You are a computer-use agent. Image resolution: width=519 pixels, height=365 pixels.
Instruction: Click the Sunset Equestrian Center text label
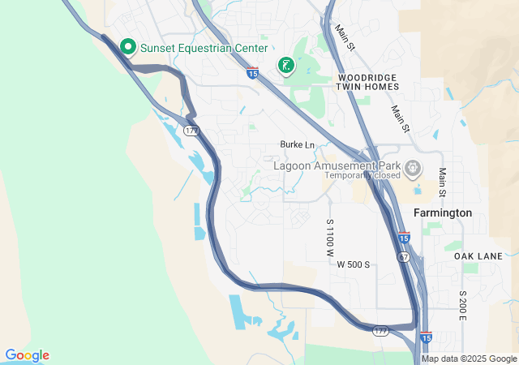point(204,48)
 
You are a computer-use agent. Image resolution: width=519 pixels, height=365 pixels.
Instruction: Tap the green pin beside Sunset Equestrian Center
point(127,47)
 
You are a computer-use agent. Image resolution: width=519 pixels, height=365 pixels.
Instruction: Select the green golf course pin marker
point(285,66)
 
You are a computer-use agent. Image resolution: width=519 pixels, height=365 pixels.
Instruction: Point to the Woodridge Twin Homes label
point(367,80)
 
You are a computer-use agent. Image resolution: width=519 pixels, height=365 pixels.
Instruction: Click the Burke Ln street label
point(297,144)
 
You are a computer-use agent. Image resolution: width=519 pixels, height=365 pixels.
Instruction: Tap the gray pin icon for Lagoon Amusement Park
point(414,169)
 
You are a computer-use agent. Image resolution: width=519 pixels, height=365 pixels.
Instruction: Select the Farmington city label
point(442,213)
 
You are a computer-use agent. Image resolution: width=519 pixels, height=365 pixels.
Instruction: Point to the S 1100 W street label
point(330,238)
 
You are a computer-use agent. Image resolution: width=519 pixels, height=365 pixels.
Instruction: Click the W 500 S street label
point(354,264)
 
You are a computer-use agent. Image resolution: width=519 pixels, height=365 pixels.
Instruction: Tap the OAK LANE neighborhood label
point(478,256)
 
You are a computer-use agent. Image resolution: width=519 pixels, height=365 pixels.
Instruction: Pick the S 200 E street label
point(462,305)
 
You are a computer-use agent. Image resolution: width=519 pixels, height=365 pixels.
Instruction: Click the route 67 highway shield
point(403,256)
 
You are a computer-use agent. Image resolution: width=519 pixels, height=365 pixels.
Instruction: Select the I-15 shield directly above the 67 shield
point(404,238)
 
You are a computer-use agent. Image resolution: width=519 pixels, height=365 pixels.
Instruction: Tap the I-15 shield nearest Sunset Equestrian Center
point(253,74)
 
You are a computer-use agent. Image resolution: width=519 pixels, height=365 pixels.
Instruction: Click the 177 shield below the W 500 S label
point(381,331)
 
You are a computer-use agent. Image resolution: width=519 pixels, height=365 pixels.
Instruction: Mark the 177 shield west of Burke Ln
point(191,131)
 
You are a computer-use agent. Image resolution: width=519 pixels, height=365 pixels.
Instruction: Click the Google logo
point(27,355)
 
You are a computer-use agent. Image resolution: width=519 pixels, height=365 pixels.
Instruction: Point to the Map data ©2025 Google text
point(469,359)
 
